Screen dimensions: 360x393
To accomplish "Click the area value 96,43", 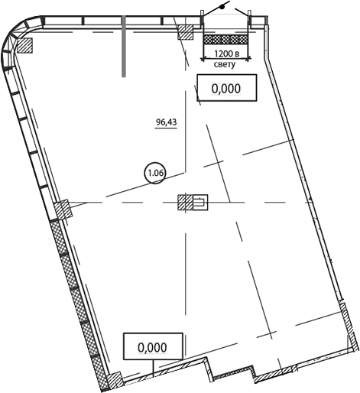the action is (x=167, y=122).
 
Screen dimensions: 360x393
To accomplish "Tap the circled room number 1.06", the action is (x=155, y=174).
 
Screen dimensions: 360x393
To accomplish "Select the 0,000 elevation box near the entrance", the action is (x=226, y=88).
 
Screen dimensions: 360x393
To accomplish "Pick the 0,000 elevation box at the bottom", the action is (x=153, y=346).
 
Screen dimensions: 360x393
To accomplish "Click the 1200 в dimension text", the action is (x=226, y=54).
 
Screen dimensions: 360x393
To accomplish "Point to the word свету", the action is (x=225, y=64).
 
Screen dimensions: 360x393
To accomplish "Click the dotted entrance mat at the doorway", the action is (x=225, y=40).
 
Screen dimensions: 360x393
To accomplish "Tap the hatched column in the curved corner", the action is (x=24, y=45).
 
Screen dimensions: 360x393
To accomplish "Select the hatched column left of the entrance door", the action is (x=186, y=32).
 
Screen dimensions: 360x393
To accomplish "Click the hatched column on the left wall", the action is (x=63, y=209).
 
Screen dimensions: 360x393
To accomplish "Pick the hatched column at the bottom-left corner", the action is (x=115, y=381).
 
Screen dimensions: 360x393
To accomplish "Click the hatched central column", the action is (x=185, y=203).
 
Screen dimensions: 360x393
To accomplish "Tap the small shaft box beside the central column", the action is (x=200, y=203).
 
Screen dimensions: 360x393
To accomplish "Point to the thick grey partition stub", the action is (x=124, y=46).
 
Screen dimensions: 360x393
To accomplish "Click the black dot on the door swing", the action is (x=222, y=7).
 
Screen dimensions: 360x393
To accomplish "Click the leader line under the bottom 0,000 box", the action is (x=154, y=369).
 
